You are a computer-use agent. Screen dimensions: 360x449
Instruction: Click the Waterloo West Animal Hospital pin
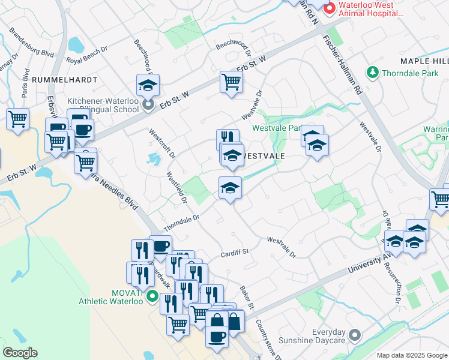pyautogui.click(x=330, y=9)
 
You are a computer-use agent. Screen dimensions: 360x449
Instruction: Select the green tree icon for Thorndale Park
pyautogui.click(x=373, y=73)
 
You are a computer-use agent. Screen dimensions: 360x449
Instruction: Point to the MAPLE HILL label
pyautogui.click(x=424, y=61)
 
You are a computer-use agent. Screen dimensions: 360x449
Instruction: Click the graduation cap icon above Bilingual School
pyautogui.click(x=147, y=85)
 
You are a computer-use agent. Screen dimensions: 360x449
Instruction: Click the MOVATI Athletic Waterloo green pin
pyautogui.click(x=152, y=296)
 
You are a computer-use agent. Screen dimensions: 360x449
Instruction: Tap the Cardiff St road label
pyautogui.click(x=234, y=253)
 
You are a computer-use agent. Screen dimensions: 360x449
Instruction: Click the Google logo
pyautogui.click(x=20, y=352)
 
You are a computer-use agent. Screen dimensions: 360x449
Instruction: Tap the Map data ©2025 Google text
pyautogui.click(x=411, y=355)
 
